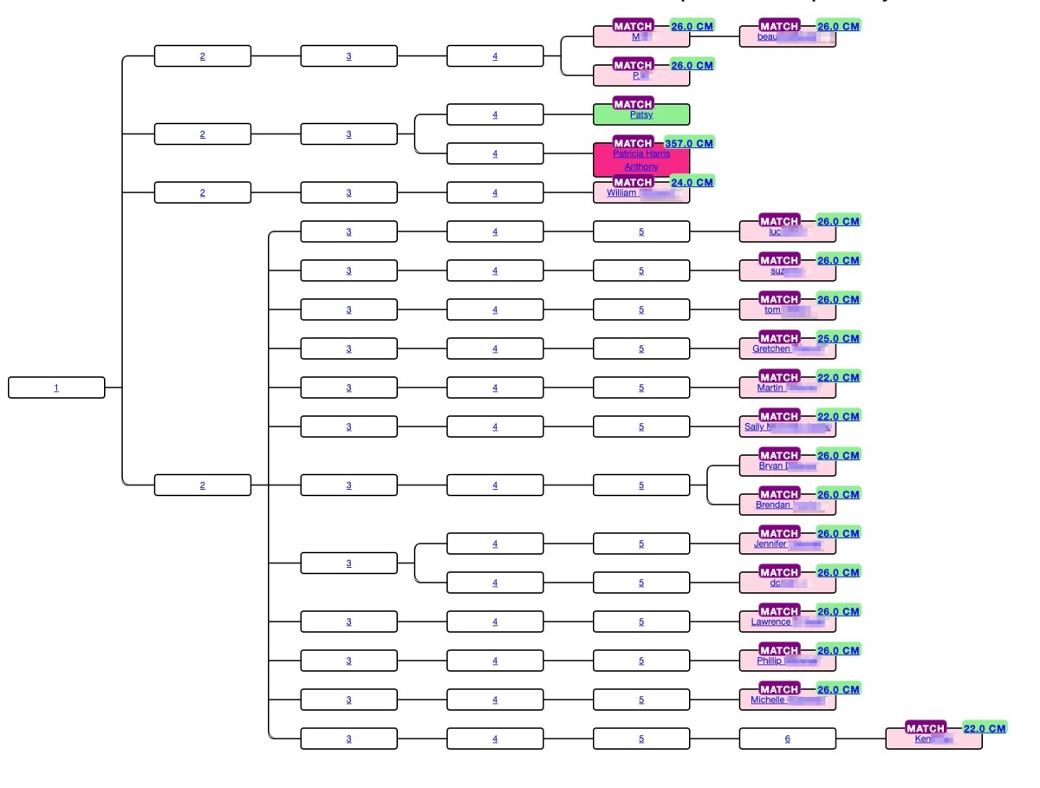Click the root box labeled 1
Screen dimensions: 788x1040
click(56, 387)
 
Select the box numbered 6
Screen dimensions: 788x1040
click(787, 739)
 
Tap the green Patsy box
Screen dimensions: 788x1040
click(641, 115)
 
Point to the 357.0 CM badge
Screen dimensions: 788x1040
click(689, 143)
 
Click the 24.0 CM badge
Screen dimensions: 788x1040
click(692, 182)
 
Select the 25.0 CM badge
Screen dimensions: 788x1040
click(838, 338)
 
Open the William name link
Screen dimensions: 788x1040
click(622, 193)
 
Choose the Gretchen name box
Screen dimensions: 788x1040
click(787, 349)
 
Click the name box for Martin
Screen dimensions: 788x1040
click(787, 388)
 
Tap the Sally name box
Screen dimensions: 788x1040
click(787, 427)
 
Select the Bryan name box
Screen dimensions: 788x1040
click(787, 466)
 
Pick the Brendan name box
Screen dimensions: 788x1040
click(787, 505)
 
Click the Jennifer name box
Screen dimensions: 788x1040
click(787, 544)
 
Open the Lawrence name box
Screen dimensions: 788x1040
click(787, 622)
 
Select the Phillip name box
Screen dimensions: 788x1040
click(787, 661)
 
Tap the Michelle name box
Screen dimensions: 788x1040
click(787, 700)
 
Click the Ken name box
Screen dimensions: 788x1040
click(933, 739)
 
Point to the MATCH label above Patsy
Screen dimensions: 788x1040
click(633, 104)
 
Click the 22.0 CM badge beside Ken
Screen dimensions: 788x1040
click(985, 728)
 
